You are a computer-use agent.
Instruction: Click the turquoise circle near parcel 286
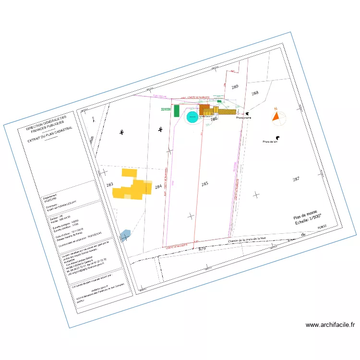193,117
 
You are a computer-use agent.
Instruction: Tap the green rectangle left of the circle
176,111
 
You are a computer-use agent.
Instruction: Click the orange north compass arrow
276,115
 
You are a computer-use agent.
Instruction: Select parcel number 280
235,86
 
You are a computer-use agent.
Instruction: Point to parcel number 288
255,93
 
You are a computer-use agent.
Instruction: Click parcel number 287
296,179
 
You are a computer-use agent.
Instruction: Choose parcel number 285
205,183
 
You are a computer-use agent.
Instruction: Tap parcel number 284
158,187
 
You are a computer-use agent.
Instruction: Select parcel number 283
109,185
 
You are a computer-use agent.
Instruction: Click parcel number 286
215,118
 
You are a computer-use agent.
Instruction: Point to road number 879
202,248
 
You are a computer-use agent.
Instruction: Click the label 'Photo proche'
244,117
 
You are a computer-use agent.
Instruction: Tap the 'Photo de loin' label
271,142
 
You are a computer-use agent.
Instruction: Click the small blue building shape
125,235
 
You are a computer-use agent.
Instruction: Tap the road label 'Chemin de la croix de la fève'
247,239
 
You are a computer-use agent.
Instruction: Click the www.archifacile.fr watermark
330,325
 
